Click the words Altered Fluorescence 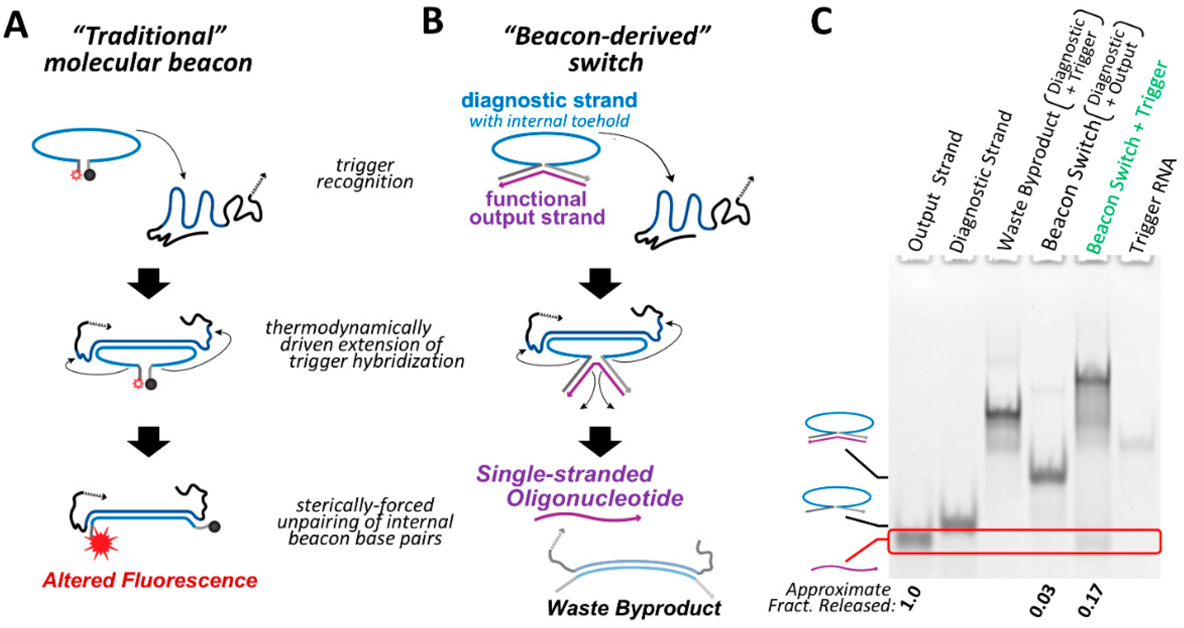pos(150,581)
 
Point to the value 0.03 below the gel pos(1042,601)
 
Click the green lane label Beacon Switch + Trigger pos(1126,159)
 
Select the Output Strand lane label pos(935,191)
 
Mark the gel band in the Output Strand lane pos(913,542)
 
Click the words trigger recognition pos(365,174)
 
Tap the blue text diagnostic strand pos(549,100)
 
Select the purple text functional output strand pos(537,208)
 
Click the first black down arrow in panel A pos(149,283)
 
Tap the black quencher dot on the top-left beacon pos(90,175)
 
